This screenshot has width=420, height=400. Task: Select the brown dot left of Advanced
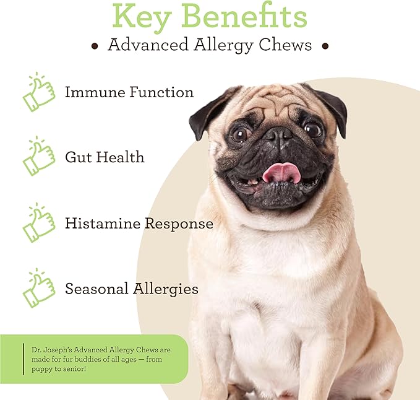[95, 46]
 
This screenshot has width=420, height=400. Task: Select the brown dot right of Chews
[325, 46]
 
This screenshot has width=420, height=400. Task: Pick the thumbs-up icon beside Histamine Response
[38, 223]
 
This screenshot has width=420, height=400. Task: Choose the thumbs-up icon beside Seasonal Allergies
[38, 288]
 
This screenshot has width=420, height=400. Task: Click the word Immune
[92, 93]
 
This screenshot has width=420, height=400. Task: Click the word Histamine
[102, 224]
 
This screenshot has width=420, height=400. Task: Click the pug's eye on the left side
[240, 133]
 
